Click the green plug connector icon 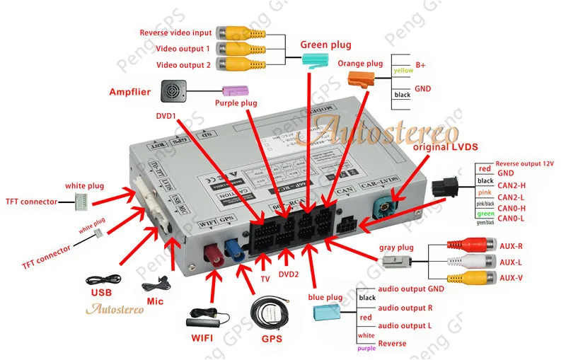[316, 59]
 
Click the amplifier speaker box [173, 90]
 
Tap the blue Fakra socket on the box [233, 249]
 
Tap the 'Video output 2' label [183, 64]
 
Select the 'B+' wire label [420, 64]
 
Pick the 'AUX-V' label [510, 277]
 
